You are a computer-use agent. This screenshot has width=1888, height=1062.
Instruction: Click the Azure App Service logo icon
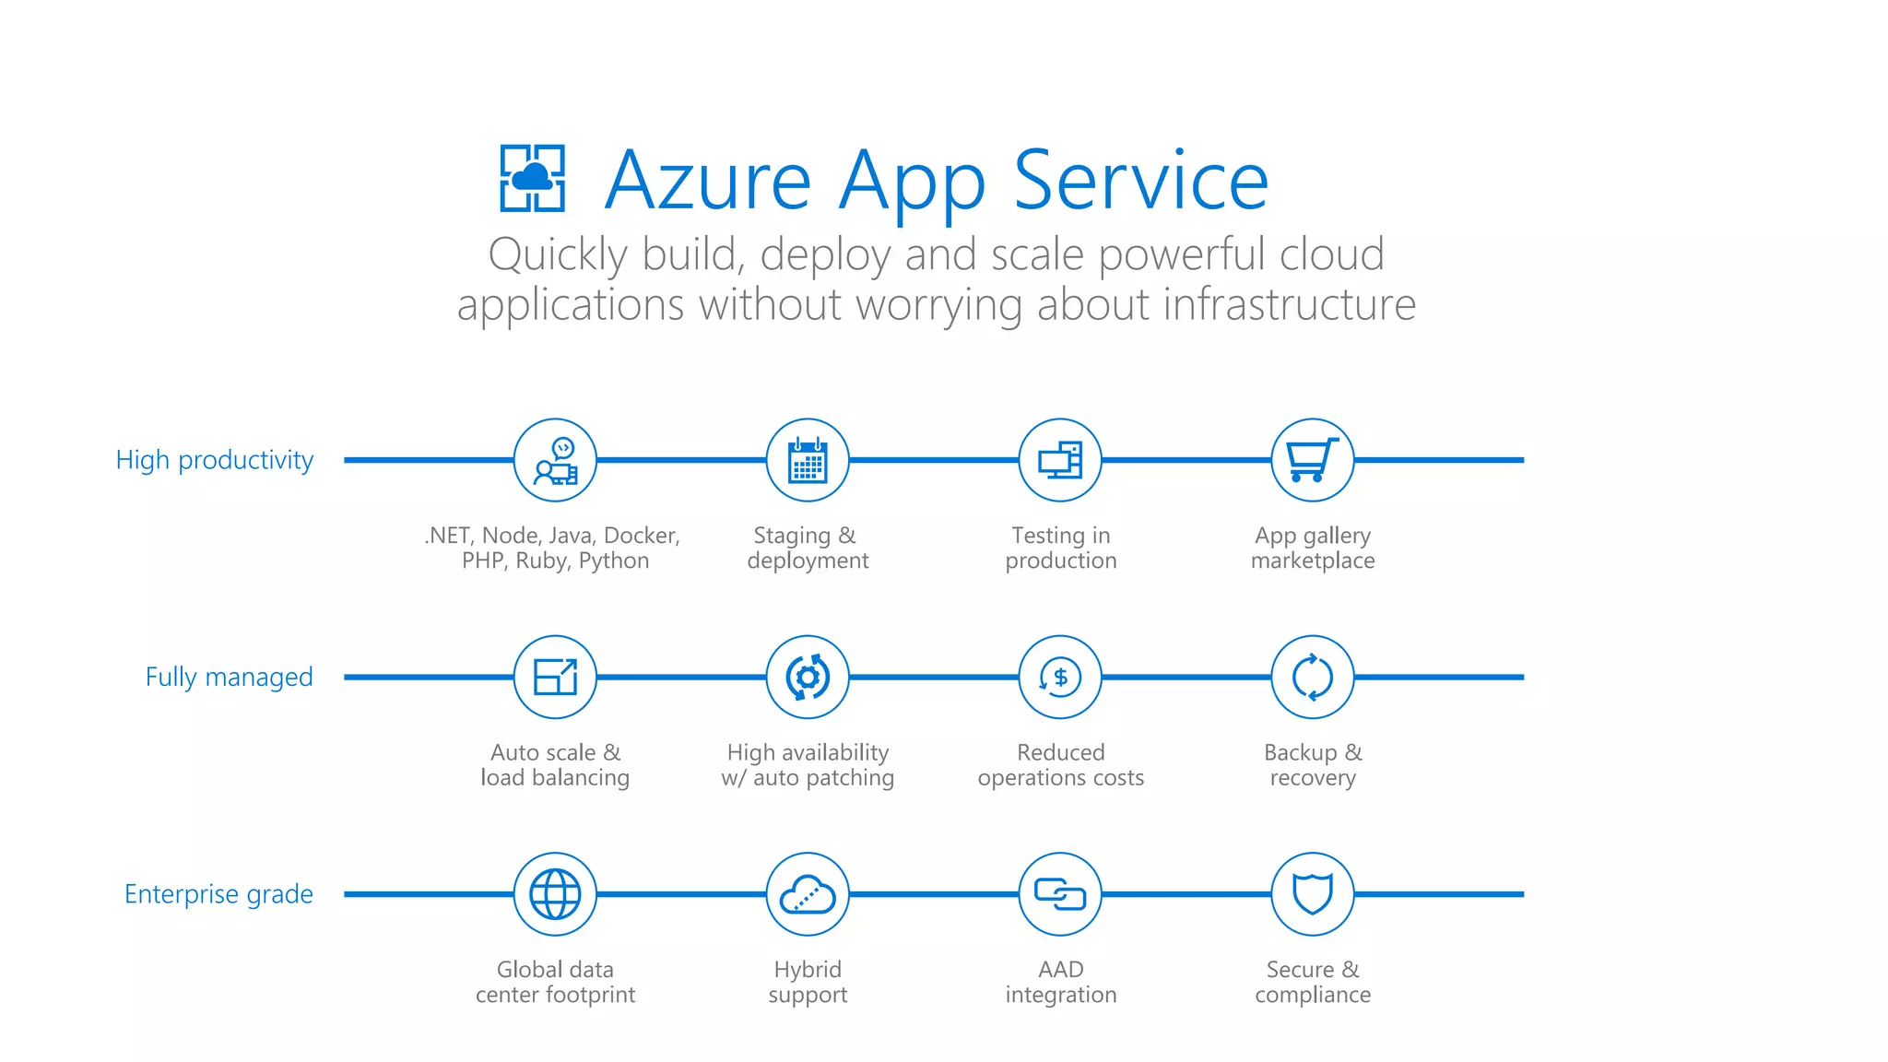(532, 178)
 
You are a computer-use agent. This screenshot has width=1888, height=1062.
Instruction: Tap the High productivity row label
(214, 460)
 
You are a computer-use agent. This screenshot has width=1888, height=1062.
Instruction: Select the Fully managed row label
(229, 678)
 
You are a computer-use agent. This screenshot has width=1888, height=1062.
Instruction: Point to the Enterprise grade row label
(218, 894)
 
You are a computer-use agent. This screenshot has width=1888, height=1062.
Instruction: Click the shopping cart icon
(1312, 460)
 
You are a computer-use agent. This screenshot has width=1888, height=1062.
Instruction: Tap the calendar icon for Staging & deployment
(808, 460)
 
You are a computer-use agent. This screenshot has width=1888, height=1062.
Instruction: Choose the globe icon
(555, 894)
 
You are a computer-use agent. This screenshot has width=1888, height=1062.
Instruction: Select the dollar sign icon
(1060, 678)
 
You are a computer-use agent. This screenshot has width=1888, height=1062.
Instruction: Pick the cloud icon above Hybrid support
(808, 894)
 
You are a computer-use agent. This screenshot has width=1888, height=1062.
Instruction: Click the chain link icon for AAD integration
(1060, 894)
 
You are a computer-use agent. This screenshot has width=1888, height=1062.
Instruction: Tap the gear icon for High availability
(808, 678)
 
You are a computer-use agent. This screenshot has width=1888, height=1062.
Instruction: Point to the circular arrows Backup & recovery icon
(1312, 678)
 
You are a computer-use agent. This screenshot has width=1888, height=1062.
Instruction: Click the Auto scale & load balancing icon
(555, 678)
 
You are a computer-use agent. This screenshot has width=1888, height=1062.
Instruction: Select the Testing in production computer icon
(1060, 460)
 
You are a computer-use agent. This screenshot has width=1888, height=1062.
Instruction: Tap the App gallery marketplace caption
(1313, 549)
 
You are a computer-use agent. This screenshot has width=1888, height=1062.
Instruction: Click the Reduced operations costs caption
(1060, 765)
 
